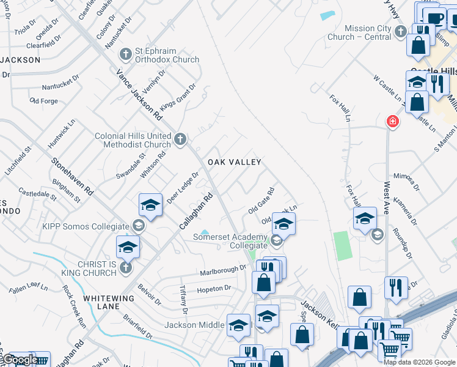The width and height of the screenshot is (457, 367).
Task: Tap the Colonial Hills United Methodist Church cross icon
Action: click(180, 139)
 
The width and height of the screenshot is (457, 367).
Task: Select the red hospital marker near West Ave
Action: click(392, 122)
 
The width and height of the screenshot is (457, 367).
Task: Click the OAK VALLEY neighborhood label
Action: click(235, 162)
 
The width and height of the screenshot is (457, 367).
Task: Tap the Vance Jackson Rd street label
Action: click(140, 94)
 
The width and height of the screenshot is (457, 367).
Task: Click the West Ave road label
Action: click(386, 197)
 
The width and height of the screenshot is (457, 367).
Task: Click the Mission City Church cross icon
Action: click(401, 31)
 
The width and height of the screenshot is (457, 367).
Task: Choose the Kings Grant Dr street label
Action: click(178, 95)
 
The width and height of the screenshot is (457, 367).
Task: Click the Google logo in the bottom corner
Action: click(18, 360)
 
